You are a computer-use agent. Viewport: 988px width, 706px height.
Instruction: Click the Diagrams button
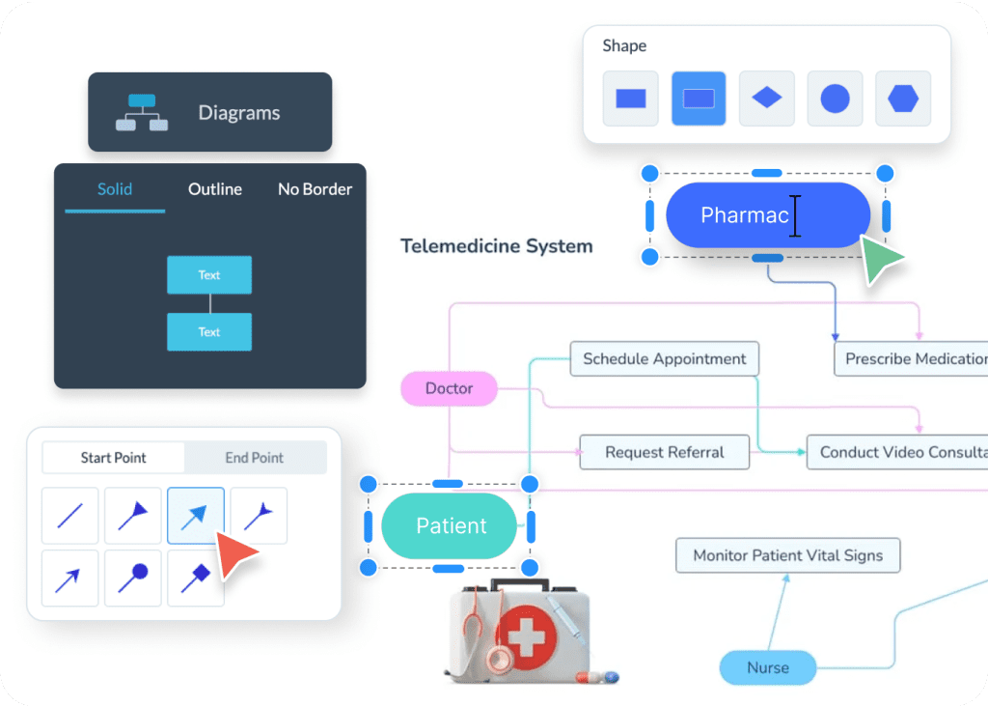pos(209,112)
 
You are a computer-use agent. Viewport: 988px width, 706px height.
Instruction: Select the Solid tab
pos(115,189)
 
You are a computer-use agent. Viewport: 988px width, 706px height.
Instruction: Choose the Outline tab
pos(215,189)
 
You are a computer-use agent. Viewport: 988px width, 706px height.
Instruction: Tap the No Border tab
pos(315,189)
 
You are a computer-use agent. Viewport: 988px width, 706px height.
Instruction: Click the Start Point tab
pos(114,458)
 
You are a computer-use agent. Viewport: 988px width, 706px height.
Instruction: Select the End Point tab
pos(255,458)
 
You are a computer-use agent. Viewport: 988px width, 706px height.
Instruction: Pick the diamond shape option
pos(766,98)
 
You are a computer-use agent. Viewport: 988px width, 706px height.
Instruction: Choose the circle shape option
pos(835,98)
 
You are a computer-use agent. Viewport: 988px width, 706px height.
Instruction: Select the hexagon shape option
pos(903,98)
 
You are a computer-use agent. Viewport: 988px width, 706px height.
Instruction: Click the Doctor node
pos(450,388)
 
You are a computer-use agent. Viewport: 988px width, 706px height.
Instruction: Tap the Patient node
pos(451,526)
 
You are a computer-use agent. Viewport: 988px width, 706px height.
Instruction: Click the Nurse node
pos(768,667)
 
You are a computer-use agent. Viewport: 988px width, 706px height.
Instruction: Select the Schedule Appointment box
pos(664,358)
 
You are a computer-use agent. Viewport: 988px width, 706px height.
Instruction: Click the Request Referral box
pos(664,452)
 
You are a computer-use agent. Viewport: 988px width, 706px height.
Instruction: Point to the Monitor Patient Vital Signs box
pos(787,555)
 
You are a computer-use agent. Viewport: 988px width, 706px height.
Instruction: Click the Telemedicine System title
pos(496,246)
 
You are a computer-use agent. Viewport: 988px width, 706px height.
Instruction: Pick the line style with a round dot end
pos(133,578)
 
